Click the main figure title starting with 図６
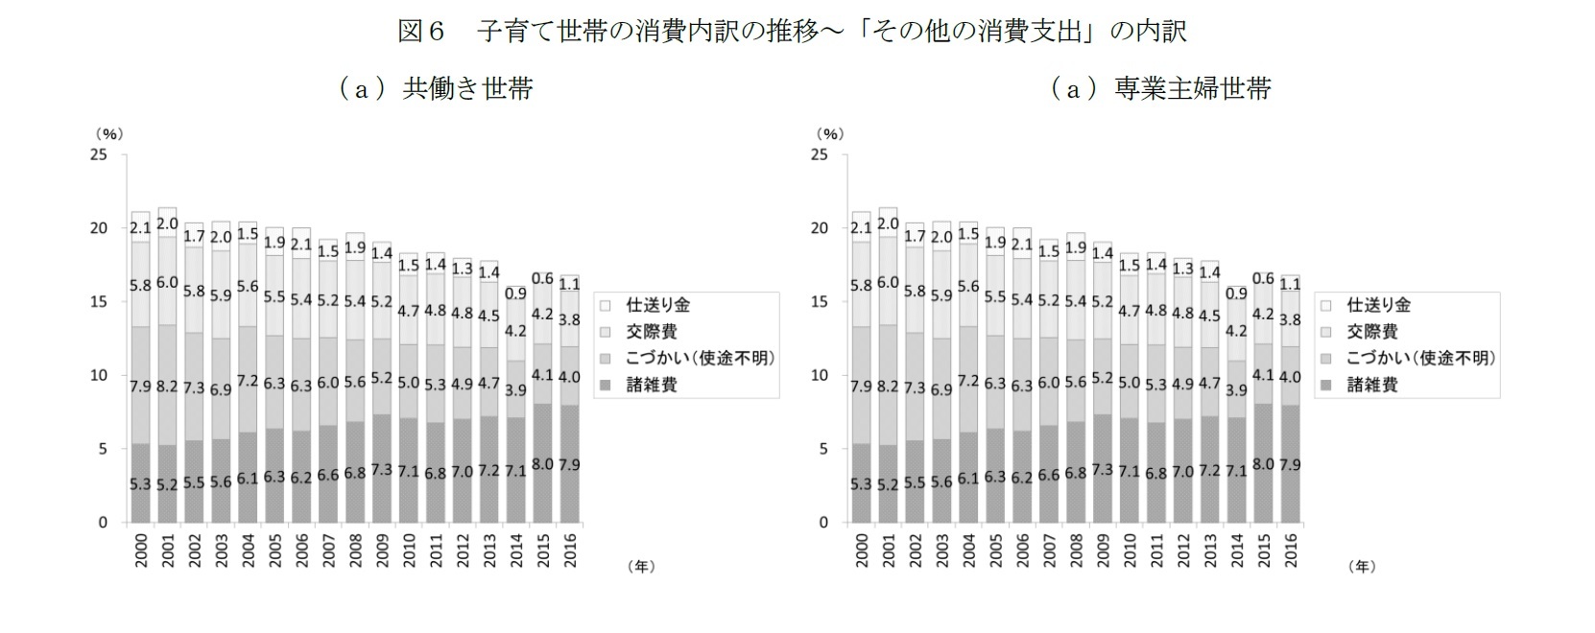pos(793,31)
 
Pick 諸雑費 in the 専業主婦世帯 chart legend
pos(1372,385)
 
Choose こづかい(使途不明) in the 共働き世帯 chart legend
pos(700,358)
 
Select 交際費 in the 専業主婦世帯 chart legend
pos(1372,332)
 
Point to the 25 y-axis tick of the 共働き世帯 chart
pos(99,154)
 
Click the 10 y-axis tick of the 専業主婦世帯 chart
pos(820,375)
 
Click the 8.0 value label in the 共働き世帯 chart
pos(543,464)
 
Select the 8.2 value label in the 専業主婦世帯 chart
pos(889,387)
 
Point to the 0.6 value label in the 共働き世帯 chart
pos(543,278)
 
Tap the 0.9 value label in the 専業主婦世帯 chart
pos(1236,293)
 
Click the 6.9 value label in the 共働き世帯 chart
pos(221,390)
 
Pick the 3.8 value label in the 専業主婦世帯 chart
pos(1291,320)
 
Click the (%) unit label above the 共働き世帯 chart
pos(108,134)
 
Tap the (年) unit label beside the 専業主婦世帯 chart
pos(1361,567)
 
